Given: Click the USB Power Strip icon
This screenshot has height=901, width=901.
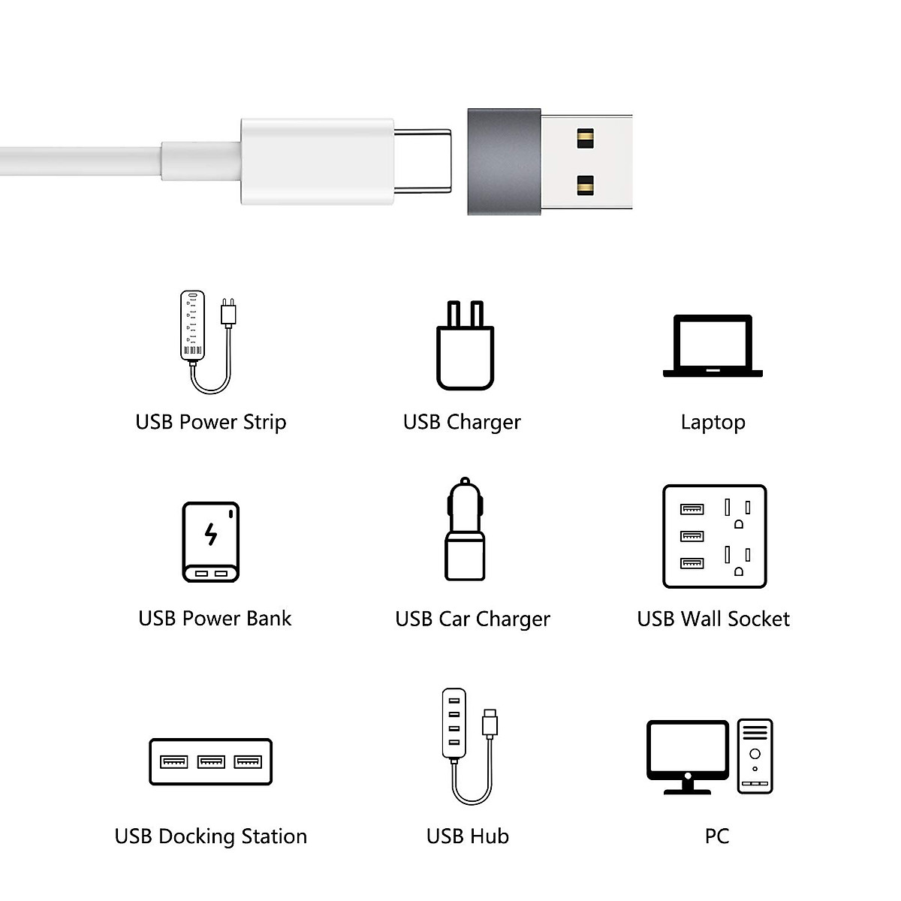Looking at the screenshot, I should pyautogui.click(x=204, y=342).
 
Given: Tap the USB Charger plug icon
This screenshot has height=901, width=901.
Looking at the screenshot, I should pyautogui.click(x=465, y=347).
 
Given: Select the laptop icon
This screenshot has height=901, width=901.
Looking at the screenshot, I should pyautogui.click(x=713, y=346).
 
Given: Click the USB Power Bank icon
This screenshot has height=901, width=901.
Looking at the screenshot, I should pyautogui.click(x=211, y=542).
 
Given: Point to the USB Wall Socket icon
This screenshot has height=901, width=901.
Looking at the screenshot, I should pyautogui.click(x=714, y=536).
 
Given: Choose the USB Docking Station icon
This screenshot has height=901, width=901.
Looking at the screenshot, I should pyautogui.click(x=210, y=762).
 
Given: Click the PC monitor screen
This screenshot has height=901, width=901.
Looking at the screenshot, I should pyautogui.click(x=688, y=749).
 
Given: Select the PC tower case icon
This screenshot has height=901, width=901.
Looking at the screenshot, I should pyautogui.click(x=755, y=756).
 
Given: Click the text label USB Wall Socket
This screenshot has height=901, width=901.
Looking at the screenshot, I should pyautogui.click(x=713, y=619).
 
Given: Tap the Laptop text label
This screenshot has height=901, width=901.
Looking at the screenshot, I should pyautogui.click(x=713, y=422).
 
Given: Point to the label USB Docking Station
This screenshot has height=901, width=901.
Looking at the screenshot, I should pyautogui.click(x=210, y=836).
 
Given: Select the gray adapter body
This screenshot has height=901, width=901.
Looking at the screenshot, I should pyautogui.click(x=504, y=161).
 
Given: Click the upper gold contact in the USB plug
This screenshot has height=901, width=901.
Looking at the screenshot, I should pyautogui.click(x=585, y=138).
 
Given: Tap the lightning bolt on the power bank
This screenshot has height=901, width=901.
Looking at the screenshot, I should pyautogui.click(x=211, y=534).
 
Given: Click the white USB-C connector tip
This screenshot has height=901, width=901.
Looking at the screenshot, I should pyautogui.click(x=423, y=161).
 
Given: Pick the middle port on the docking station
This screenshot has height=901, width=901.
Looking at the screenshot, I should pyautogui.click(x=211, y=762).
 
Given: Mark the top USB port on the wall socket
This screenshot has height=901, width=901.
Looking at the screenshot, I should pyautogui.click(x=692, y=509).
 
